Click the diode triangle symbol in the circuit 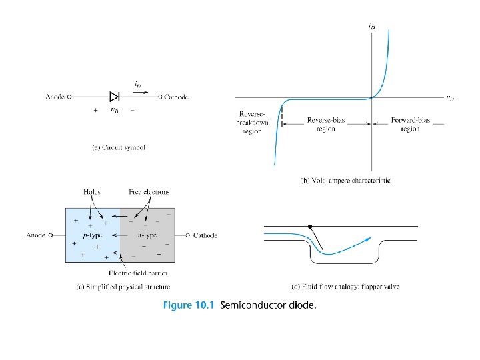pyautogui.click(x=114, y=97)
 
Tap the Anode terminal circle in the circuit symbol pyautogui.click(x=69, y=97)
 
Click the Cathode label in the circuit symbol pyautogui.click(x=176, y=97)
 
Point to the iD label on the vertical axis pyautogui.click(x=371, y=26)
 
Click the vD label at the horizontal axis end pyautogui.click(x=450, y=99)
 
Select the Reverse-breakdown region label pyautogui.click(x=253, y=122)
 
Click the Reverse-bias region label pyautogui.click(x=326, y=125)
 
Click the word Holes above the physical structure pyautogui.click(x=93, y=192)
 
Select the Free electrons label pyautogui.click(x=149, y=192)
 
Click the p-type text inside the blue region pyautogui.click(x=93, y=235)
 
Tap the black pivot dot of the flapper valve pyautogui.click(x=309, y=227)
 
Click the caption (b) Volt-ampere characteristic pyautogui.click(x=345, y=180)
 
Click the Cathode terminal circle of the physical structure pyautogui.click(x=188, y=235)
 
